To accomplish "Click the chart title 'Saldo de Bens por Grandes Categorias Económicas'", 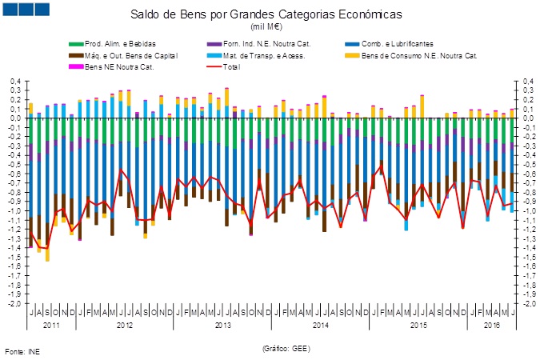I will click(x=272, y=15).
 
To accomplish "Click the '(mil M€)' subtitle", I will click(x=273, y=27).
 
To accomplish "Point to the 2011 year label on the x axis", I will click(x=51, y=325).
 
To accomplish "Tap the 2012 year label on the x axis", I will click(x=124, y=325).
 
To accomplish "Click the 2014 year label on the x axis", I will click(x=320, y=325).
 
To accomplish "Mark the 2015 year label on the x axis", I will click(x=418, y=325).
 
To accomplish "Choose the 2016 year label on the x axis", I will click(x=492, y=325).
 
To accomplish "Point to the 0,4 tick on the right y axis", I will click(x=527, y=81).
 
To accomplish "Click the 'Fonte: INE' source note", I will click(x=22, y=351).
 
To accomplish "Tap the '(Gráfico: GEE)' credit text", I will click(x=285, y=348).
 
